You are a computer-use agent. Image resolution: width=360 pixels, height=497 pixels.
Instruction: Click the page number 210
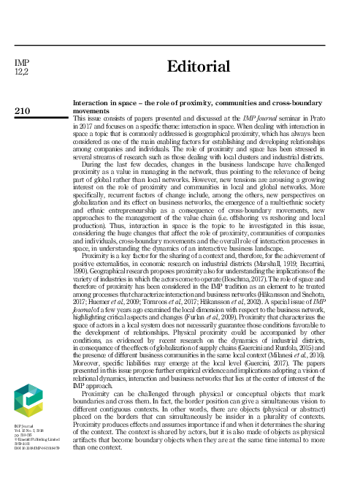pos(23,110)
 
